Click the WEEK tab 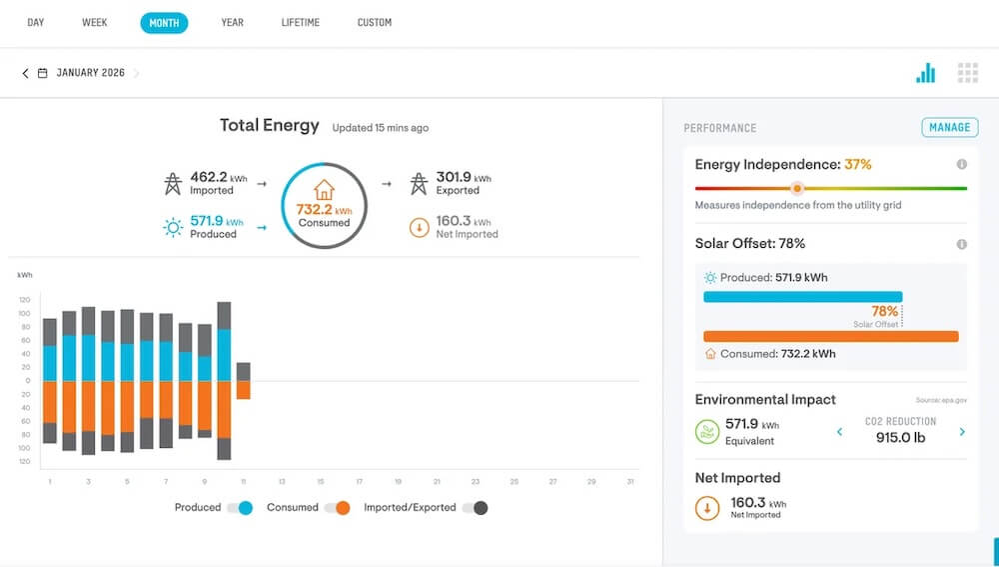[x=95, y=22]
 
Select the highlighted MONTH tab [x=164, y=22]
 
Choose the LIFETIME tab [x=301, y=22]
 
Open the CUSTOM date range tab [x=375, y=22]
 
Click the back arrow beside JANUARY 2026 [x=26, y=73]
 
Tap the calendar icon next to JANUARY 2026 [x=43, y=73]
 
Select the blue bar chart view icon [x=926, y=73]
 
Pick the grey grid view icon [x=967, y=73]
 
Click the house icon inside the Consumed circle [x=324, y=189]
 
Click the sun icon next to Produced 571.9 [x=173, y=227]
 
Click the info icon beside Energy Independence [x=961, y=164]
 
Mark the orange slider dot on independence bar [x=796, y=188]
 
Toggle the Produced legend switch [x=240, y=508]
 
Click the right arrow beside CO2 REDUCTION [x=962, y=432]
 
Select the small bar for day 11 [x=243, y=380]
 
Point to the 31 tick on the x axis [x=630, y=482]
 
